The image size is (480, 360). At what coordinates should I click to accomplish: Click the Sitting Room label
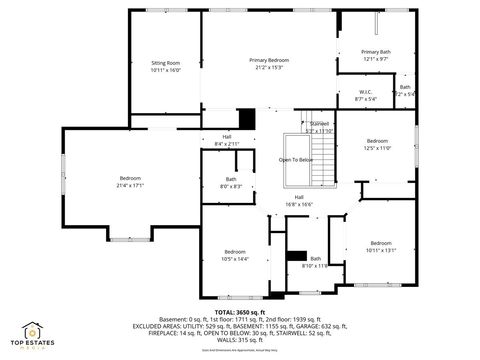(165, 62)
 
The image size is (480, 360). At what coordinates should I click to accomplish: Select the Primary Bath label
(376, 51)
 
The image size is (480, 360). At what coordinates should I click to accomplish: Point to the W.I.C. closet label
(365, 93)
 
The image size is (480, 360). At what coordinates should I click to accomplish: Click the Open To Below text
(296, 160)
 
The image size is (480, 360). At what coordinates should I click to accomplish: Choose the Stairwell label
(319, 123)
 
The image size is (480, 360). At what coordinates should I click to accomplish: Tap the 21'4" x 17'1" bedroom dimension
(131, 185)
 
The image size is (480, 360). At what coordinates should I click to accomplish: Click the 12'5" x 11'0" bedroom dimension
(377, 147)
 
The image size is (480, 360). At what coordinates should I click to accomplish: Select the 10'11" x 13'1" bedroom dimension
(381, 250)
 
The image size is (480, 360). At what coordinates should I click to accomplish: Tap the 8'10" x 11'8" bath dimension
(315, 266)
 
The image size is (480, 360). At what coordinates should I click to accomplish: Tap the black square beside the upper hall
(247, 118)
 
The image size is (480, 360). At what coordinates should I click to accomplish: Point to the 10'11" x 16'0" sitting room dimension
(165, 69)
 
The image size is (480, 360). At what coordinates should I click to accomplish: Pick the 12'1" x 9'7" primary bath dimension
(376, 58)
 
